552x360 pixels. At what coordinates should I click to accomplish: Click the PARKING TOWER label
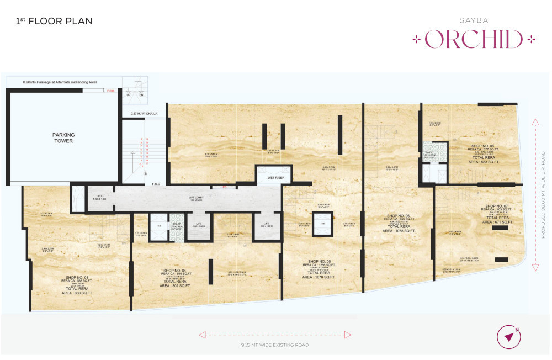[x=63, y=137]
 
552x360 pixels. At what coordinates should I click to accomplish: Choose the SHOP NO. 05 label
[x=319, y=261]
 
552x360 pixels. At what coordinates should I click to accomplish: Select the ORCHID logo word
[x=474, y=39]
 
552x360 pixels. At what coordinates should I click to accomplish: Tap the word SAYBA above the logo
[x=474, y=20]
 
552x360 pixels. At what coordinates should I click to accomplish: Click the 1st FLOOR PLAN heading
[x=54, y=22]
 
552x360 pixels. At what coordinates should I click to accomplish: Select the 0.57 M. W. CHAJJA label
[x=144, y=114]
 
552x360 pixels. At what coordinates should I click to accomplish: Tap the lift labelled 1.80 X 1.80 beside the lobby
[x=100, y=200]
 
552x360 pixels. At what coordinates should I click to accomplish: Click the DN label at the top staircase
[x=141, y=95]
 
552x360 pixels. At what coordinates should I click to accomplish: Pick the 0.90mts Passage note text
[x=60, y=82]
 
